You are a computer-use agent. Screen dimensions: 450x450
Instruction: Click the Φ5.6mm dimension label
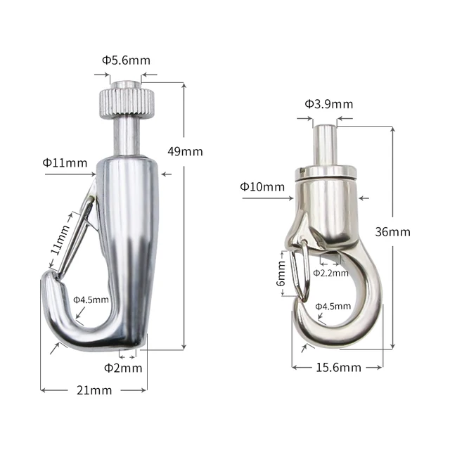point(126,60)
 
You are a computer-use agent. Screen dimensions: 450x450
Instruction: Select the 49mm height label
point(186,151)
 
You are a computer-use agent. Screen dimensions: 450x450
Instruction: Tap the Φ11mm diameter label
point(65,162)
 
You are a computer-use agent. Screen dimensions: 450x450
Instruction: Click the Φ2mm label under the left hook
point(123,367)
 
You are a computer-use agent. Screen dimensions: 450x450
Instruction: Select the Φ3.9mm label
point(328,104)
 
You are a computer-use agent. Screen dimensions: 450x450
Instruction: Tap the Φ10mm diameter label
point(262,186)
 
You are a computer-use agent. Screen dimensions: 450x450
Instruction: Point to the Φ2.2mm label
point(330,272)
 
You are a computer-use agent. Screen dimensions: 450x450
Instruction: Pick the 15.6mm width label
point(338,367)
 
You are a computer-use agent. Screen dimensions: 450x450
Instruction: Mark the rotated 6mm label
point(282,273)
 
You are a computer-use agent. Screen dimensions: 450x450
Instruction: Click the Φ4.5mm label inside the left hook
point(92,300)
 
